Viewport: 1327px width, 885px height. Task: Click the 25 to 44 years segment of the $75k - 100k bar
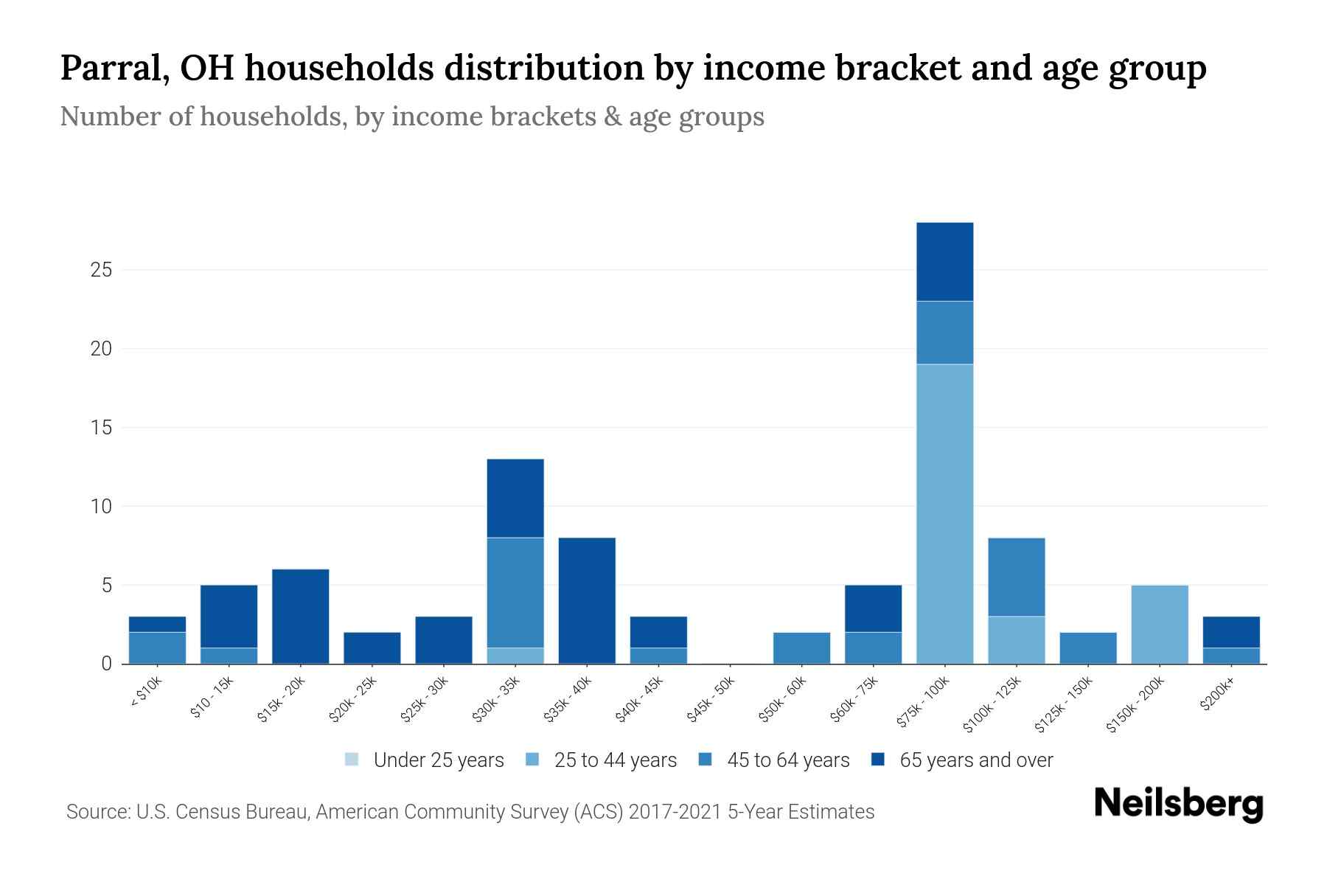pos(944,514)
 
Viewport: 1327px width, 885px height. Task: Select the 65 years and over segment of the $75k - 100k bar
pos(944,262)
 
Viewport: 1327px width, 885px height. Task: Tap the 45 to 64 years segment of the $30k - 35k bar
pos(515,593)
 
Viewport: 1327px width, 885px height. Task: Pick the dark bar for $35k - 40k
pos(587,601)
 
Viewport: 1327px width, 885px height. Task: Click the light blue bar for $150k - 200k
pos(1159,625)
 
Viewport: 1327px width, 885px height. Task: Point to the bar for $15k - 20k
pos(300,617)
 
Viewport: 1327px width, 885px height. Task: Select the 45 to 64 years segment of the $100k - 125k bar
pos(1016,577)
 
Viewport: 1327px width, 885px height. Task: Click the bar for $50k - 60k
pos(801,648)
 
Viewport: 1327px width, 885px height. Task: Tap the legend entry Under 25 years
pos(438,760)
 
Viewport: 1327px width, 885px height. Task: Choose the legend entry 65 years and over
pos(975,760)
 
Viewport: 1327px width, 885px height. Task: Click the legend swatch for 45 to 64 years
pos(706,760)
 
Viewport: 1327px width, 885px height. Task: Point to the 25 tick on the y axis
pos(101,270)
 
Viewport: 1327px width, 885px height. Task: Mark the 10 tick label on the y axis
pos(101,507)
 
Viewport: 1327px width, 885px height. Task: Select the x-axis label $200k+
pos(1217,695)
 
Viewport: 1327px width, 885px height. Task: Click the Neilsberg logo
pos(1178,804)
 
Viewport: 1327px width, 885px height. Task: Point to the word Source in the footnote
pos(96,812)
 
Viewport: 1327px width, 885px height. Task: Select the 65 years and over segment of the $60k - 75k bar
pos(873,608)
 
